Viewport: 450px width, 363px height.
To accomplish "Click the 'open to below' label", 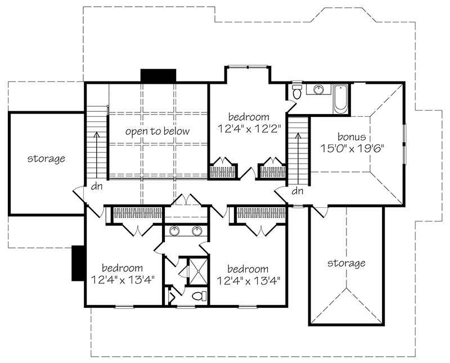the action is [157, 131].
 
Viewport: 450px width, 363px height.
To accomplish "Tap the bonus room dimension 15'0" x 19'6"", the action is [352, 148].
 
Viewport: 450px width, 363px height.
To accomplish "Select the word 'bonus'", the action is [352, 137].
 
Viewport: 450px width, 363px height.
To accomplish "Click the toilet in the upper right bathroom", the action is [296, 92].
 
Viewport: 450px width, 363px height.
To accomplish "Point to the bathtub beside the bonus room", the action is [341, 98].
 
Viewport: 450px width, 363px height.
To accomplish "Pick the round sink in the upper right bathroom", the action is [318, 89].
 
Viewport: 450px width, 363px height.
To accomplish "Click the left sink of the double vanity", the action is [174, 231].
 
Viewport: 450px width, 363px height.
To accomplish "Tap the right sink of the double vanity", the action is [197, 231].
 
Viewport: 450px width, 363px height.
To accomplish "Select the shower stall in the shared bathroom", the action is [197, 271].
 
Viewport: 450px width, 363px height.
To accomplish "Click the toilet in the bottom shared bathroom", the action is [199, 296].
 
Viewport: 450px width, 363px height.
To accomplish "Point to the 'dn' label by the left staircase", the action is [97, 187].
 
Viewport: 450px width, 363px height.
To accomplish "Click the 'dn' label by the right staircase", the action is [298, 190].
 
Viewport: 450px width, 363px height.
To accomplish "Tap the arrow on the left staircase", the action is [97, 155].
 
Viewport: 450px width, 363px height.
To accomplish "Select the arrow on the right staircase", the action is [299, 158].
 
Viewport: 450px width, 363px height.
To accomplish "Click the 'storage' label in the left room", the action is [46, 158].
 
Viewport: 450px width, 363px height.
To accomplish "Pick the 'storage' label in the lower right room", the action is [346, 263].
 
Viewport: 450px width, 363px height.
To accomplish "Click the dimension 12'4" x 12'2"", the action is [249, 129].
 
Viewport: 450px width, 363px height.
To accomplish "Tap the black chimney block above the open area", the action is [158, 76].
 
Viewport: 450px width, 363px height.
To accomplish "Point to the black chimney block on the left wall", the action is [78, 263].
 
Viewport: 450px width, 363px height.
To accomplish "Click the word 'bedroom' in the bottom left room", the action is [122, 268].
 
